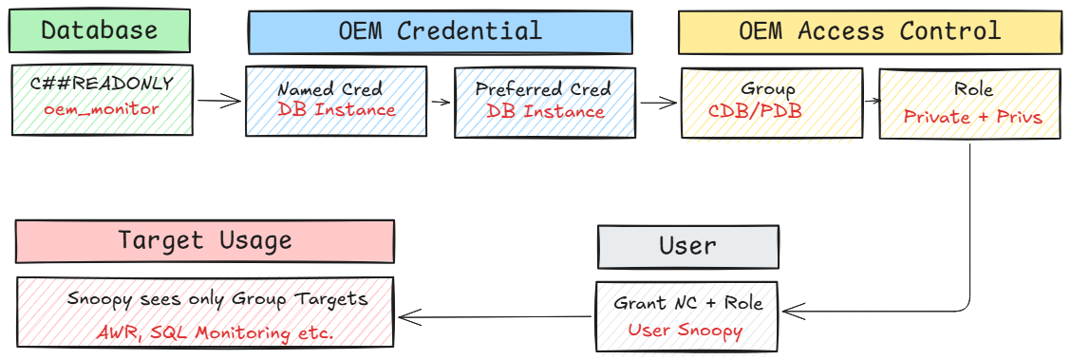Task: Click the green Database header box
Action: point(99,30)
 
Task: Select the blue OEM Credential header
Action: point(440,31)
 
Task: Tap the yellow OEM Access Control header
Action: point(869,31)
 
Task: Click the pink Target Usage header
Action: point(204,240)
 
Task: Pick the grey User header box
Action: point(687,247)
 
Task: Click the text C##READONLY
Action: point(102,84)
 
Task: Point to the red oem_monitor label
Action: point(102,108)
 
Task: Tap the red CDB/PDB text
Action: point(755,110)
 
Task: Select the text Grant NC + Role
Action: point(687,304)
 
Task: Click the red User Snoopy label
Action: point(686,330)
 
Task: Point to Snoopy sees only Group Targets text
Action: point(216,299)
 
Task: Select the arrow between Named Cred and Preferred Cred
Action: point(440,100)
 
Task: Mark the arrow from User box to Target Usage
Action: point(494,317)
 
